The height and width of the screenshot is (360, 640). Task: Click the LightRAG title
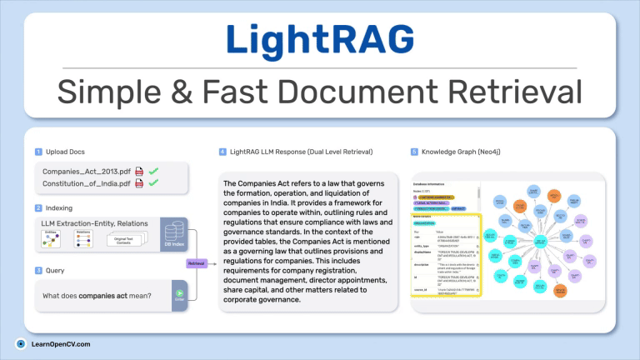(319, 39)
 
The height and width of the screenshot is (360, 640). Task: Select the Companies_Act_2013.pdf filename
(87, 172)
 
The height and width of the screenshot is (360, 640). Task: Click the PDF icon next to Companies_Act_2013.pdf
(139, 172)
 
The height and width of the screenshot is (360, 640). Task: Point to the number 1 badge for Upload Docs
(38, 152)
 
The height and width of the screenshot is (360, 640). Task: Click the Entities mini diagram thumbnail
(52, 240)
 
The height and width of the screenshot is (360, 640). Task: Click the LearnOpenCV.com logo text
(59, 343)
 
